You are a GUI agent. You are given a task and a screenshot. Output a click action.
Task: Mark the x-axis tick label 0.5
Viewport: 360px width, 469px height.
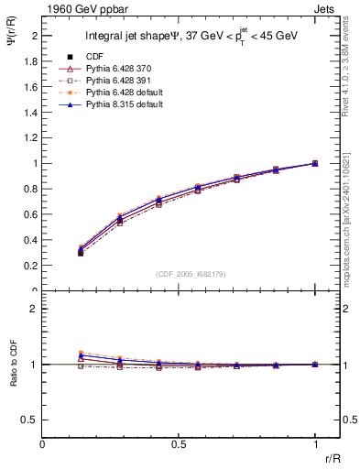tap(179, 443)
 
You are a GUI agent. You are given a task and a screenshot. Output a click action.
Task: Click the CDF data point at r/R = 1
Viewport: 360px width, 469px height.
tap(315, 163)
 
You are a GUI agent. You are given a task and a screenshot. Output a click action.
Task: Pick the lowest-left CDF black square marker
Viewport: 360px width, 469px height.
tap(81, 253)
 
